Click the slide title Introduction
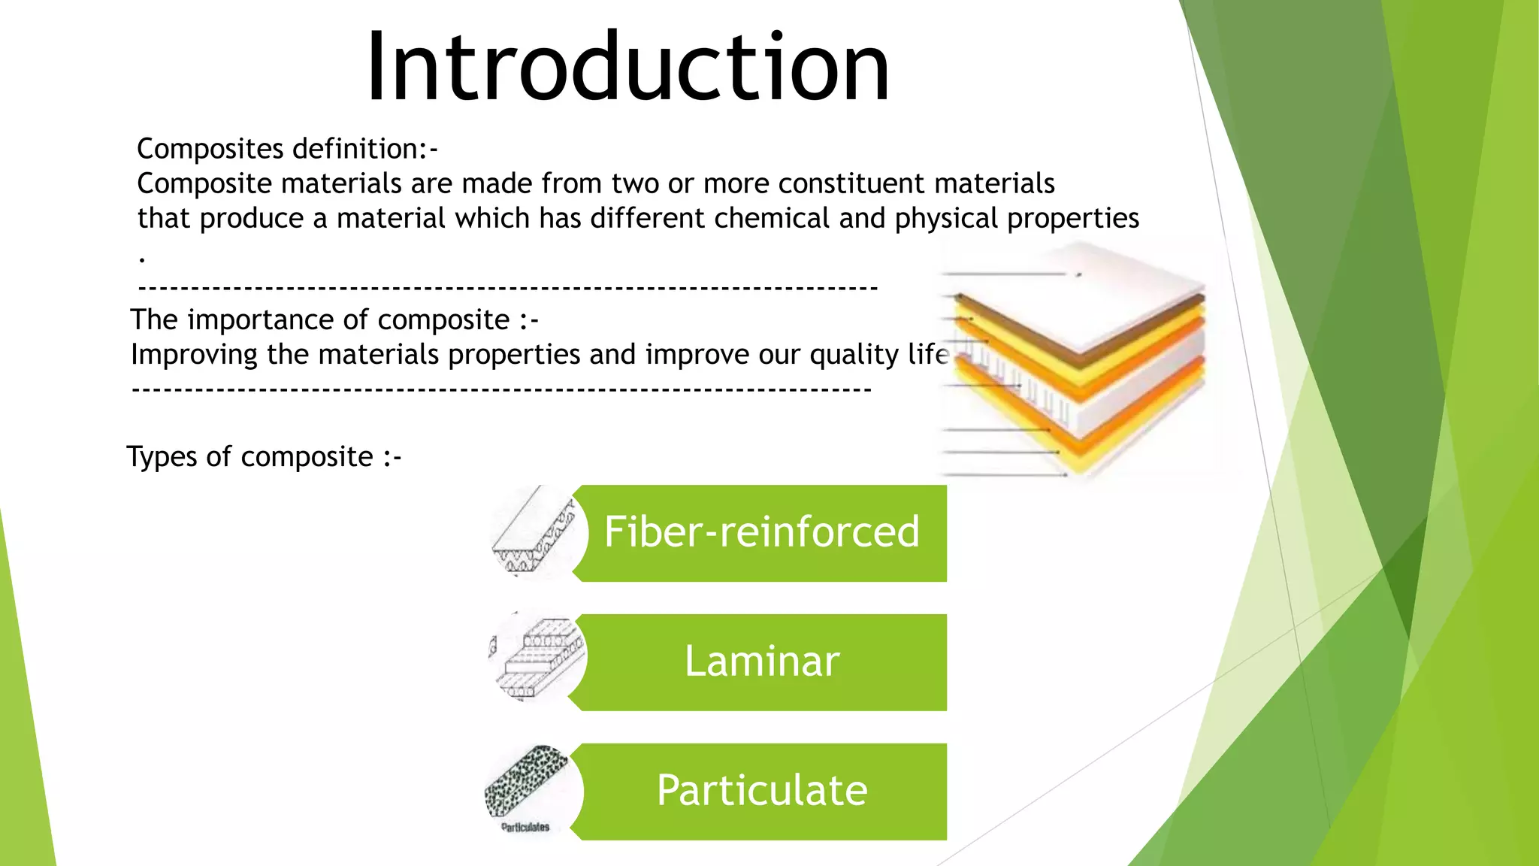coord(628,68)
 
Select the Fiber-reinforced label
coord(761,532)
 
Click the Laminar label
coord(761,662)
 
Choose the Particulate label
coord(761,791)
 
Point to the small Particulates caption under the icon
coord(525,827)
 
